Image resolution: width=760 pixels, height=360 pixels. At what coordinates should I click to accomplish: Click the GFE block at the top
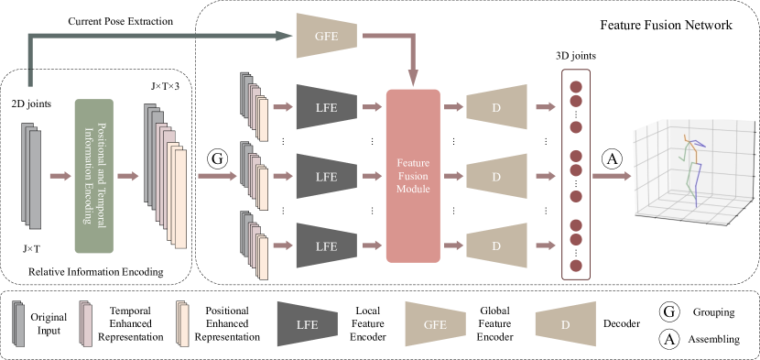tap(325, 37)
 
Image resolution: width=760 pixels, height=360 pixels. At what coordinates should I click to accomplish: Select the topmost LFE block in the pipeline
tap(326, 107)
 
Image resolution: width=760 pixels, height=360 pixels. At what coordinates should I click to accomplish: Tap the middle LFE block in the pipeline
tap(326, 177)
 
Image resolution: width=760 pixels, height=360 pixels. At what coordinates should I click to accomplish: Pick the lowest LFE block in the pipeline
tap(326, 245)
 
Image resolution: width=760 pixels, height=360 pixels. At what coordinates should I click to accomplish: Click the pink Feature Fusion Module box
tap(412, 176)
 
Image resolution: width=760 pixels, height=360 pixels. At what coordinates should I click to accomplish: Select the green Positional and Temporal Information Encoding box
tap(93, 176)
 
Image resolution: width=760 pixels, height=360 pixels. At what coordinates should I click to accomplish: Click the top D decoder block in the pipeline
tap(496, 107)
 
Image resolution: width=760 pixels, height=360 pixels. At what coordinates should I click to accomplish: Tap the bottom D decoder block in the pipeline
tap(496, 245)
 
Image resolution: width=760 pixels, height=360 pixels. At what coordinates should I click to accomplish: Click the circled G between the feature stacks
tap(217, 159)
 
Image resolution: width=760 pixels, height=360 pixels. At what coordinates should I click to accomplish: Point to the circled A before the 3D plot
tap(612, 159)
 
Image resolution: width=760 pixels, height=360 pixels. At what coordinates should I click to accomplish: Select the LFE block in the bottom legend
tap(307, 323)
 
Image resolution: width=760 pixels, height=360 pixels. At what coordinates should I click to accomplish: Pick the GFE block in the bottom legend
tap(437, 323)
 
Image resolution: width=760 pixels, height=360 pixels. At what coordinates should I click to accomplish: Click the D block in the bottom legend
tap(566, 323)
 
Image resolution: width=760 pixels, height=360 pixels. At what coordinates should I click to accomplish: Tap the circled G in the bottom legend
tap(669, 311)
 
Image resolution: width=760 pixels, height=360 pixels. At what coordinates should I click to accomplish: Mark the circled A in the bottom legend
tap(669, 339)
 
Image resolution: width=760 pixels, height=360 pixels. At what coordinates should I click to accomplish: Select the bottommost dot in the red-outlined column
tap(576, 266)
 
